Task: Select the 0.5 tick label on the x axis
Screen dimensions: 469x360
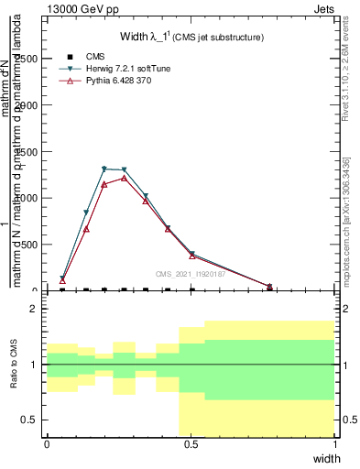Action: [191, 443]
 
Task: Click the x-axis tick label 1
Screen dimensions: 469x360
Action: [335, 443]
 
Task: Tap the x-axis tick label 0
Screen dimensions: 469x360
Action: [47, 443]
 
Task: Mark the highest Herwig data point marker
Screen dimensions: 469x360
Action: [104, 169]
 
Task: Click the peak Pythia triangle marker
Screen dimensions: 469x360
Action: [124, 178]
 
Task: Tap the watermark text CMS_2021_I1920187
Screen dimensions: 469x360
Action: [190, 273]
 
